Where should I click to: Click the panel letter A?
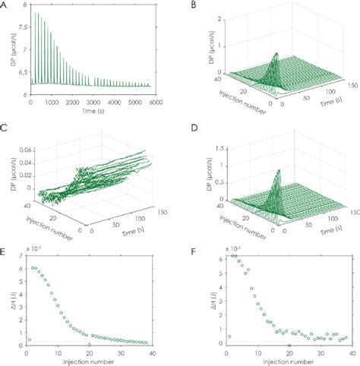pyautogui.click(x=5, y=5)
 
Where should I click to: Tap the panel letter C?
pyautogui.click(x=5, y=127)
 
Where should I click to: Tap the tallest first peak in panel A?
pyautogui.click(x=34, y=13)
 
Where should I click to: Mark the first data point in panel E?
pyautogui.click(x=29, y=339)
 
